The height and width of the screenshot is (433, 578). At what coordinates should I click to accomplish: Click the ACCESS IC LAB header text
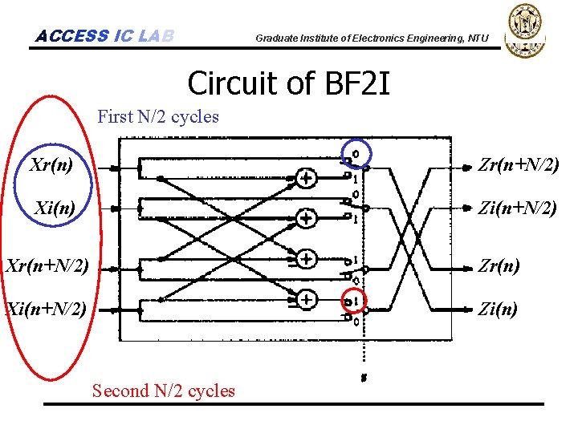tap(104, 35)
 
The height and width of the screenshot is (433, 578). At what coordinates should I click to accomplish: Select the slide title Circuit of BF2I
tap(288, 83)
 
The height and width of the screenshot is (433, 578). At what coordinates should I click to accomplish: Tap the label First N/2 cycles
tap(157, 116)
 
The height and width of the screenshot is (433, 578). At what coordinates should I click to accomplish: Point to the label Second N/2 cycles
tap(163, 391)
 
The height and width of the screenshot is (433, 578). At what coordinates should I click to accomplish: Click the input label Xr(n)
tap(51, 167)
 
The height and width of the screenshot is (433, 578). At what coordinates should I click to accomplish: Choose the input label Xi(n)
tap(55, 208)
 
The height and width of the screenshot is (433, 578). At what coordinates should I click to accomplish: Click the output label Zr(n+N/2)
tap(518, 167)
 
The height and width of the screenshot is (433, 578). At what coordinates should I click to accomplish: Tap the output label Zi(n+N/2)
tap(517, 208)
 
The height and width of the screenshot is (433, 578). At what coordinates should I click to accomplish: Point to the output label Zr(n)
tap(498, 265)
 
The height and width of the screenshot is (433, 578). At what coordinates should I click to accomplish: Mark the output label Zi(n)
tap(498, 309)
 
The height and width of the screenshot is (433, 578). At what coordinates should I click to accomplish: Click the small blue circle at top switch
tap(356, 152)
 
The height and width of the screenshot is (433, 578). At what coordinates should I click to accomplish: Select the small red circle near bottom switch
tap(351, 301)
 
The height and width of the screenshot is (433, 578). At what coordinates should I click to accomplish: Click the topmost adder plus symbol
tap(306, 178)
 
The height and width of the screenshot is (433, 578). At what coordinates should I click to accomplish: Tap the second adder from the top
tap(306, 217)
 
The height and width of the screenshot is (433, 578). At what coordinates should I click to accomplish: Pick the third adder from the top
tap(306, 258)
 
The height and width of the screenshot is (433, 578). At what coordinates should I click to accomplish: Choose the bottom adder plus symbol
tap(306, 299)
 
